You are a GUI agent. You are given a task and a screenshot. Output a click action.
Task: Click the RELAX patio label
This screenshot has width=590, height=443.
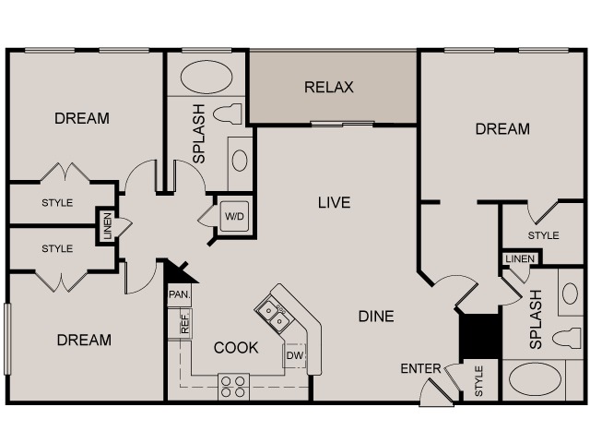pos(328,87)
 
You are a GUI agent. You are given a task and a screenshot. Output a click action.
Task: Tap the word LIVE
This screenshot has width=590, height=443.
pos(334,203)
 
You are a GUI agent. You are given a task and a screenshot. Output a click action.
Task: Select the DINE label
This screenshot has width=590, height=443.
pos(376,316)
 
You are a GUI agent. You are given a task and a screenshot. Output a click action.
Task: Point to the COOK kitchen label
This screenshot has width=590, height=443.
pos(236,347)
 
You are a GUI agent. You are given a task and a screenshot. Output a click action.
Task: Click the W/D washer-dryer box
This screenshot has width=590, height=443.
pos(234,217)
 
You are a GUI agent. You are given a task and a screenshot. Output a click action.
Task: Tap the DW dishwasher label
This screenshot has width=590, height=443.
pos(295,355)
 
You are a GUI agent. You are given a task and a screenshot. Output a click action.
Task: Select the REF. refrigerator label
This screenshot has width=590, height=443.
pos(184,324)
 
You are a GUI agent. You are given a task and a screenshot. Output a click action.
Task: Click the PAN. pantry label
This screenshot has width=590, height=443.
pos(180,294)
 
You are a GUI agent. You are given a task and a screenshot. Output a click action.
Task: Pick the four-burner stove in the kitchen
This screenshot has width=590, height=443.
pos(233,387)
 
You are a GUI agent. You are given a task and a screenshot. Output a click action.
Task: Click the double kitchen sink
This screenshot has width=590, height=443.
pos(274,316)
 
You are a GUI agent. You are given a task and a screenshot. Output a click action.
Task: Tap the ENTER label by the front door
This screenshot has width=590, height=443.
pos(420,368)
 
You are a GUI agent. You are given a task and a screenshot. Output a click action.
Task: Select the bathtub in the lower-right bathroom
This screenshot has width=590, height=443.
pos(535,379)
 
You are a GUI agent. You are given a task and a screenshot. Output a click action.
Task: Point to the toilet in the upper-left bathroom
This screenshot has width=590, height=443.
pos(228,114)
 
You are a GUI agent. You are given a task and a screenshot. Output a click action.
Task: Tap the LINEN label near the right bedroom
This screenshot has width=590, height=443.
pos(520,258)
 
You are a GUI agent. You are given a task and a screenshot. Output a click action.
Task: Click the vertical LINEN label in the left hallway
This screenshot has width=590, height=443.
pos(107,226)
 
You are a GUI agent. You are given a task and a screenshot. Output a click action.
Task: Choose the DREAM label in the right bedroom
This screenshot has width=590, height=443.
pos(502,129)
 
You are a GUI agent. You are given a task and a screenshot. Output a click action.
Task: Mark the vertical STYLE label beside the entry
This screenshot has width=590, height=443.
pos(478,381)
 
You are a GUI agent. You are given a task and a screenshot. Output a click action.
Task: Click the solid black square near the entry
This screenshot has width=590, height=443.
pos(480,336)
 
